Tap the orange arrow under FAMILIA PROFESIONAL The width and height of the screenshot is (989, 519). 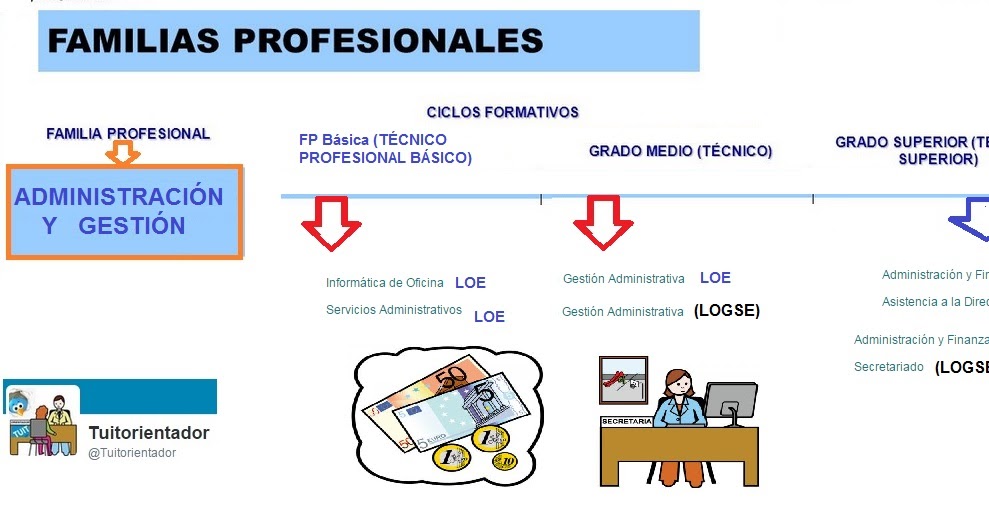click(x=123, y=153)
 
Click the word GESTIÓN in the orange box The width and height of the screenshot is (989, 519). click(x=132, y=226)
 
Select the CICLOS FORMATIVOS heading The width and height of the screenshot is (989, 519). click(x=502, y=112)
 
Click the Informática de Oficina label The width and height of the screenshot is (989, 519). click(x=384, y=283)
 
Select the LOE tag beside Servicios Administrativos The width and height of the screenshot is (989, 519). click(x=489, y=317)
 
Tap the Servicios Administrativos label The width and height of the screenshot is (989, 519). click(x=394, y=310)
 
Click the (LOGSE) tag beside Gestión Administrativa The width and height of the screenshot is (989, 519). click(x=727, y=311)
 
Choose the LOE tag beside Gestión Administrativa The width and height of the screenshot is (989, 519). click(x=715, y=278)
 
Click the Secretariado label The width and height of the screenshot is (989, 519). click(x=889, y=367)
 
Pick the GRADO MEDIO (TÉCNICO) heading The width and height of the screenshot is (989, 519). click(x=680, y=151)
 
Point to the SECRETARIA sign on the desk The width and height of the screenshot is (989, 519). click(x=626, y=421)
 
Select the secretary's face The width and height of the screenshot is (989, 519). click(x=678, y=384)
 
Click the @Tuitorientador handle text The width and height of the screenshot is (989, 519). click(x=132, y=453)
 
